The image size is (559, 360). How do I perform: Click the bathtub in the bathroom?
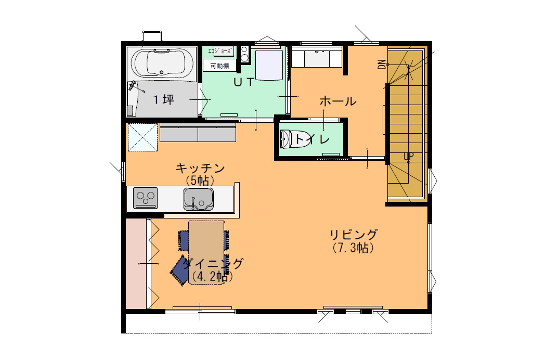click(x=162, y=62)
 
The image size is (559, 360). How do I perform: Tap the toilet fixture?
click(x=287, y=139)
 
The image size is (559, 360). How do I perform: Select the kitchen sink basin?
click(x=199, y=199)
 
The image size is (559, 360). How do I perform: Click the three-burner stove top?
click(x=146, y=198)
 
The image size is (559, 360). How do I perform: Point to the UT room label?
click(x=244, y=82)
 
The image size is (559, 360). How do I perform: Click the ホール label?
click(x=337, y=101)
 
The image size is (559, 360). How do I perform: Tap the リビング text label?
click(x=353, y=235)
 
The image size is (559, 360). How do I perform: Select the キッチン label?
click(x=200, y=168)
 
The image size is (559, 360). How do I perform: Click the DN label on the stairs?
click(x=382, y=64)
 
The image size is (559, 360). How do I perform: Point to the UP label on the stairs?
click(x=409, y=156)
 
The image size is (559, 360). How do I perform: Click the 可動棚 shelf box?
click(x=219, y=66)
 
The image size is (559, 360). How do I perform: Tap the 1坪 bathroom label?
click(x=164, y=99)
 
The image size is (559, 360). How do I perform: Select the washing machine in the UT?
click(x=269, y=65)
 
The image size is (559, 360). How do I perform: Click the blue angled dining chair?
click(x=180, y=271)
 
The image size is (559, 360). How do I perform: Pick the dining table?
click(x=206, y=252)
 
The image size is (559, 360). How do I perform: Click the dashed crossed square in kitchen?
click(x=142, y=137)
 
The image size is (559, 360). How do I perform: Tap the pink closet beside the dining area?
click(x=136, y=264)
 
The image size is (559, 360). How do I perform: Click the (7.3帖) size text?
click(x=353, y=248)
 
